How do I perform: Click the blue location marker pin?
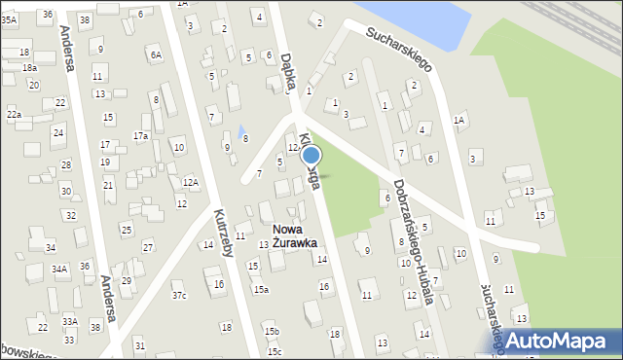click(x=311, y=156)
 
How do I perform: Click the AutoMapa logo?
click(x=558, y=340)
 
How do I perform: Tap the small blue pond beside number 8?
click(x=240, y=131)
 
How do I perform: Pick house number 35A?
click(x=9, y=19)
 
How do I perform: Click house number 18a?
click(x=30, y=68)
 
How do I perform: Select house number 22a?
click(x=14, y=115)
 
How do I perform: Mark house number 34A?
click(x=59, y=269)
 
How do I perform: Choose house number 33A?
click(x=69, y=321)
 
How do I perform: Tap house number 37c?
click(x=179, y=295)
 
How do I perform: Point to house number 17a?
click(x=141, y=136)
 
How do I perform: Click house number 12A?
click(x=191, y=182)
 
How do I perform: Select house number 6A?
click(x=156, y=55)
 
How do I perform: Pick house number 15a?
click(x=261, y=289)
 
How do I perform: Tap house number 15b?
click(x=272, y=332)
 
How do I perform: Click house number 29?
click(x=127, y=280)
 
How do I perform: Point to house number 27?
click(x=147, y=246)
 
